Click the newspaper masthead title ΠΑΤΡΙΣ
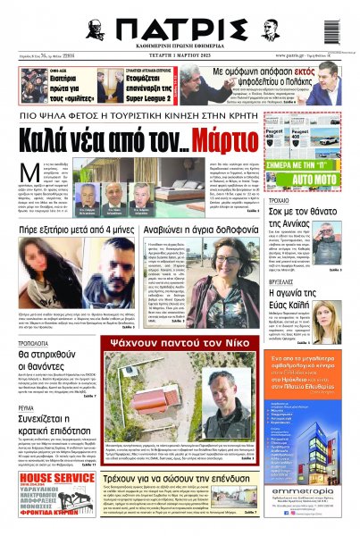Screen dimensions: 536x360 [x=179, y=24]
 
